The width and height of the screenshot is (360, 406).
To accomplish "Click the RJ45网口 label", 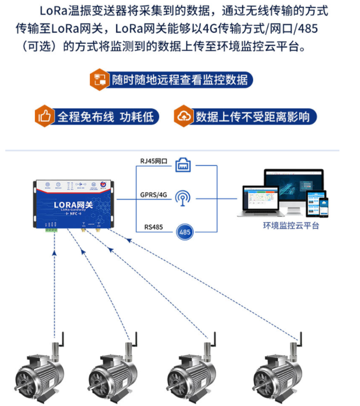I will click(x=154, y=162).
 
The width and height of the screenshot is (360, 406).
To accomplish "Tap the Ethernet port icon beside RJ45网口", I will click(x=184, y=164).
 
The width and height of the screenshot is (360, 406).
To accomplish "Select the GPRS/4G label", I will click(x=152, y=195).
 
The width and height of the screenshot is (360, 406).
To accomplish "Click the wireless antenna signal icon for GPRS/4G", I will click(x=184, y=197).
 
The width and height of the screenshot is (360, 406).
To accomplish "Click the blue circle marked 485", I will click(x=184, y=230).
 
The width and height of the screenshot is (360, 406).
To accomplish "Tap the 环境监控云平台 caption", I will click(x=291, y=226).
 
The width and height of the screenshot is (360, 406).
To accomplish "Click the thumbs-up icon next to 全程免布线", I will click(x=44, y=116).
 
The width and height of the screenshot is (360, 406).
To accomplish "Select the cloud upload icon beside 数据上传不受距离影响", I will click(x=183, y=116).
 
